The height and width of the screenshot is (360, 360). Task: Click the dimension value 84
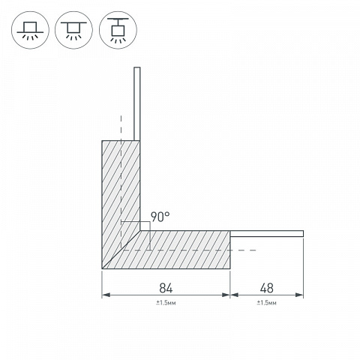(166, 288)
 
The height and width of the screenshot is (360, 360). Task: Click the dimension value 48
(267, 288)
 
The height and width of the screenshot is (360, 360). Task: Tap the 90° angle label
(160, 217)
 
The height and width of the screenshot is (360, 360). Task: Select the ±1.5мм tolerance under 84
(166, 303)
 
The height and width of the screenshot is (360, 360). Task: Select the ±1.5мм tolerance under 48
(266, 303)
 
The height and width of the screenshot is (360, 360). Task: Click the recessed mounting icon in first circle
(30, 30)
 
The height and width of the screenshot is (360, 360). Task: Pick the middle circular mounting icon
(73, 30)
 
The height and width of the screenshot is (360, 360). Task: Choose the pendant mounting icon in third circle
(118, 30)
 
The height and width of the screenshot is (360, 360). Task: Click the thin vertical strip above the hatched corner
(137, 104)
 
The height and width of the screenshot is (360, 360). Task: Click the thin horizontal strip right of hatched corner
(267, 234)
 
